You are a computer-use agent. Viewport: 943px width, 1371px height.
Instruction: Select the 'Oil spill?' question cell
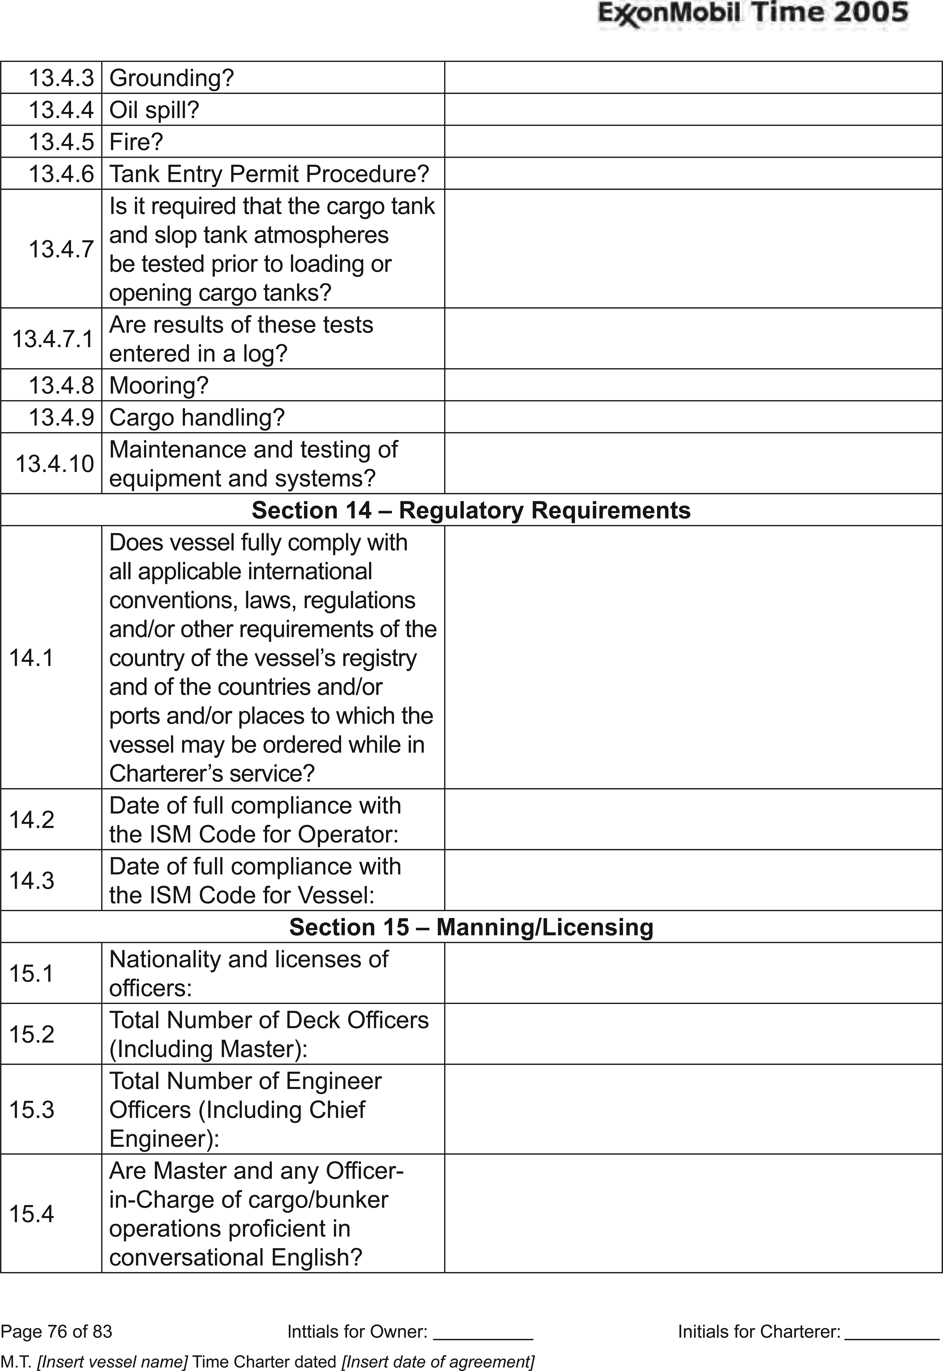(x=154, y=110)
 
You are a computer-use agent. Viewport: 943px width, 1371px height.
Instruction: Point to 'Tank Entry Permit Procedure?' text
(x=269, y=174)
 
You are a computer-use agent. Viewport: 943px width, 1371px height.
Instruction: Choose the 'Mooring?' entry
(x=159, y=386)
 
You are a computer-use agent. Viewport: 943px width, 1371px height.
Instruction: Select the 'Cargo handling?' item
(x=197, y=417)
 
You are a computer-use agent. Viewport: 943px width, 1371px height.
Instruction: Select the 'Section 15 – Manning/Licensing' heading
(x=471, y=927)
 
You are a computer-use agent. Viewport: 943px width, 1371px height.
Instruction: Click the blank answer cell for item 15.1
(x=692, y=973)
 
